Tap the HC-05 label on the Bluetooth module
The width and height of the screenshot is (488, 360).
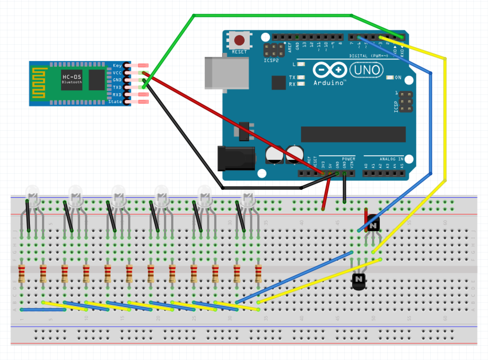[72, 77]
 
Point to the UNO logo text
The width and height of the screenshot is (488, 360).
[367, 70]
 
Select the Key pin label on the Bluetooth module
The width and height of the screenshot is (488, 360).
[117, 66]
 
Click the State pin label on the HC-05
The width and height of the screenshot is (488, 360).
[115, 102]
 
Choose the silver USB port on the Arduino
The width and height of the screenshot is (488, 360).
[227, 73]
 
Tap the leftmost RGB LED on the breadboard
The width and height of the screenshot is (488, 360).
[32, 196]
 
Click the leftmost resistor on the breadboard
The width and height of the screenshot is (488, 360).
[22, 273]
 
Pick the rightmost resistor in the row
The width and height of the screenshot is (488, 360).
[258, 273]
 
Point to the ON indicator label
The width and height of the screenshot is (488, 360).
[398, 77]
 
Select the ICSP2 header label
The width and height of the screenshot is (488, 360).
[271, 61]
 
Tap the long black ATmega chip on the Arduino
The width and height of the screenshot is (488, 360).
[353, 134]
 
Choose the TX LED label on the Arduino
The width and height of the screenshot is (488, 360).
[292, 77]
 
